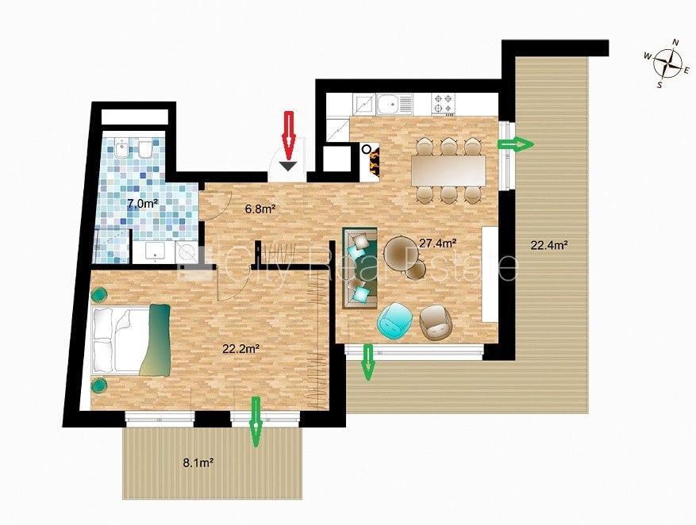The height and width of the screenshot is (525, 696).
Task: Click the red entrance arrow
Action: tap(290, 136)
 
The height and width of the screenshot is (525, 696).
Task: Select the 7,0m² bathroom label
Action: tap(143, 205)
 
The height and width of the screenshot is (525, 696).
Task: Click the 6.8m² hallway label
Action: tap(261, 208)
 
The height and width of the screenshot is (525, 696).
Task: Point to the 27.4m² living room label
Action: tap(438, 243)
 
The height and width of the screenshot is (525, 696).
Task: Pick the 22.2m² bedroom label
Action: tap(241, 349)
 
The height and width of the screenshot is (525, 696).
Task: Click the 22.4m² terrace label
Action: tap(549, 245)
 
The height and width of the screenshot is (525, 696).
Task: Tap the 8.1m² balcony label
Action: tap(198, 463)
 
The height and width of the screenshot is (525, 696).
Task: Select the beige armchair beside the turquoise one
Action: tap(436, 323)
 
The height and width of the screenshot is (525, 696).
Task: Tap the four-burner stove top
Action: tap(444, 103)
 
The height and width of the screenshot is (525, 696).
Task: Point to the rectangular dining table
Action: tap(448, 171)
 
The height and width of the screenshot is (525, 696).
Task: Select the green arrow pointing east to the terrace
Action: tap(515, 144)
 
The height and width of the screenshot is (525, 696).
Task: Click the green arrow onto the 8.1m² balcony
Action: tap(256, 421)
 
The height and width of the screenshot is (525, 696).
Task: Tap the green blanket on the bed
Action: tap(155, 339)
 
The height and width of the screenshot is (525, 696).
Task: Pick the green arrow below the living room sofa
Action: tap(367, 362)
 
